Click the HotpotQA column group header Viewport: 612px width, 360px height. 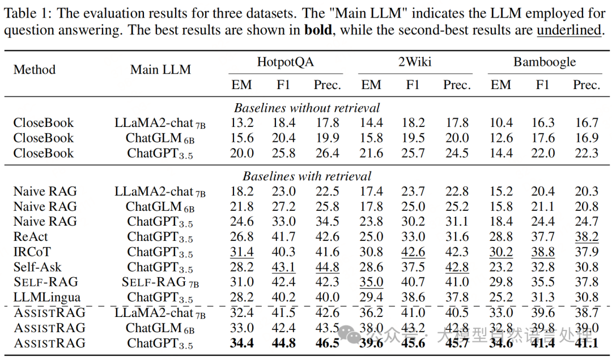point(285,62)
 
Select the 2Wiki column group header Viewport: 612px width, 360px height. point(414,62)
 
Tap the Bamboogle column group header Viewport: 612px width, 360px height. point(544,62)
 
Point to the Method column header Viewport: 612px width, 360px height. point(35,70)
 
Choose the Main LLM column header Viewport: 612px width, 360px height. point(160,70)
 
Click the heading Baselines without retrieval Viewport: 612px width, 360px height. point(307,108)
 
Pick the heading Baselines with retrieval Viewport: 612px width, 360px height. point(307,176)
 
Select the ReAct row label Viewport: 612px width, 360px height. point(31,237)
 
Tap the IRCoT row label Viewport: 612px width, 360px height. point(32,252)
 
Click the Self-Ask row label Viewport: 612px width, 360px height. point(37,267)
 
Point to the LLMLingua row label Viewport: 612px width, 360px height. point(46,297)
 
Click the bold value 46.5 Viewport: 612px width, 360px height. point(328,343)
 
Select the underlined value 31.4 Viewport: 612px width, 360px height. point(242,252)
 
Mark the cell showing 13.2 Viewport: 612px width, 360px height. point(242,123)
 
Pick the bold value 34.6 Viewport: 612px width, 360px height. point(500,343)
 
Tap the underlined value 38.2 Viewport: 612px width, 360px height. point(586,237)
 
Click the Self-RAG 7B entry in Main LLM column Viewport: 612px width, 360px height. point(160,282)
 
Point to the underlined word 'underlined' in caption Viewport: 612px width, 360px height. point(568,30)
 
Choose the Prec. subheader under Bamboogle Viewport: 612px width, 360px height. point(586,85)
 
